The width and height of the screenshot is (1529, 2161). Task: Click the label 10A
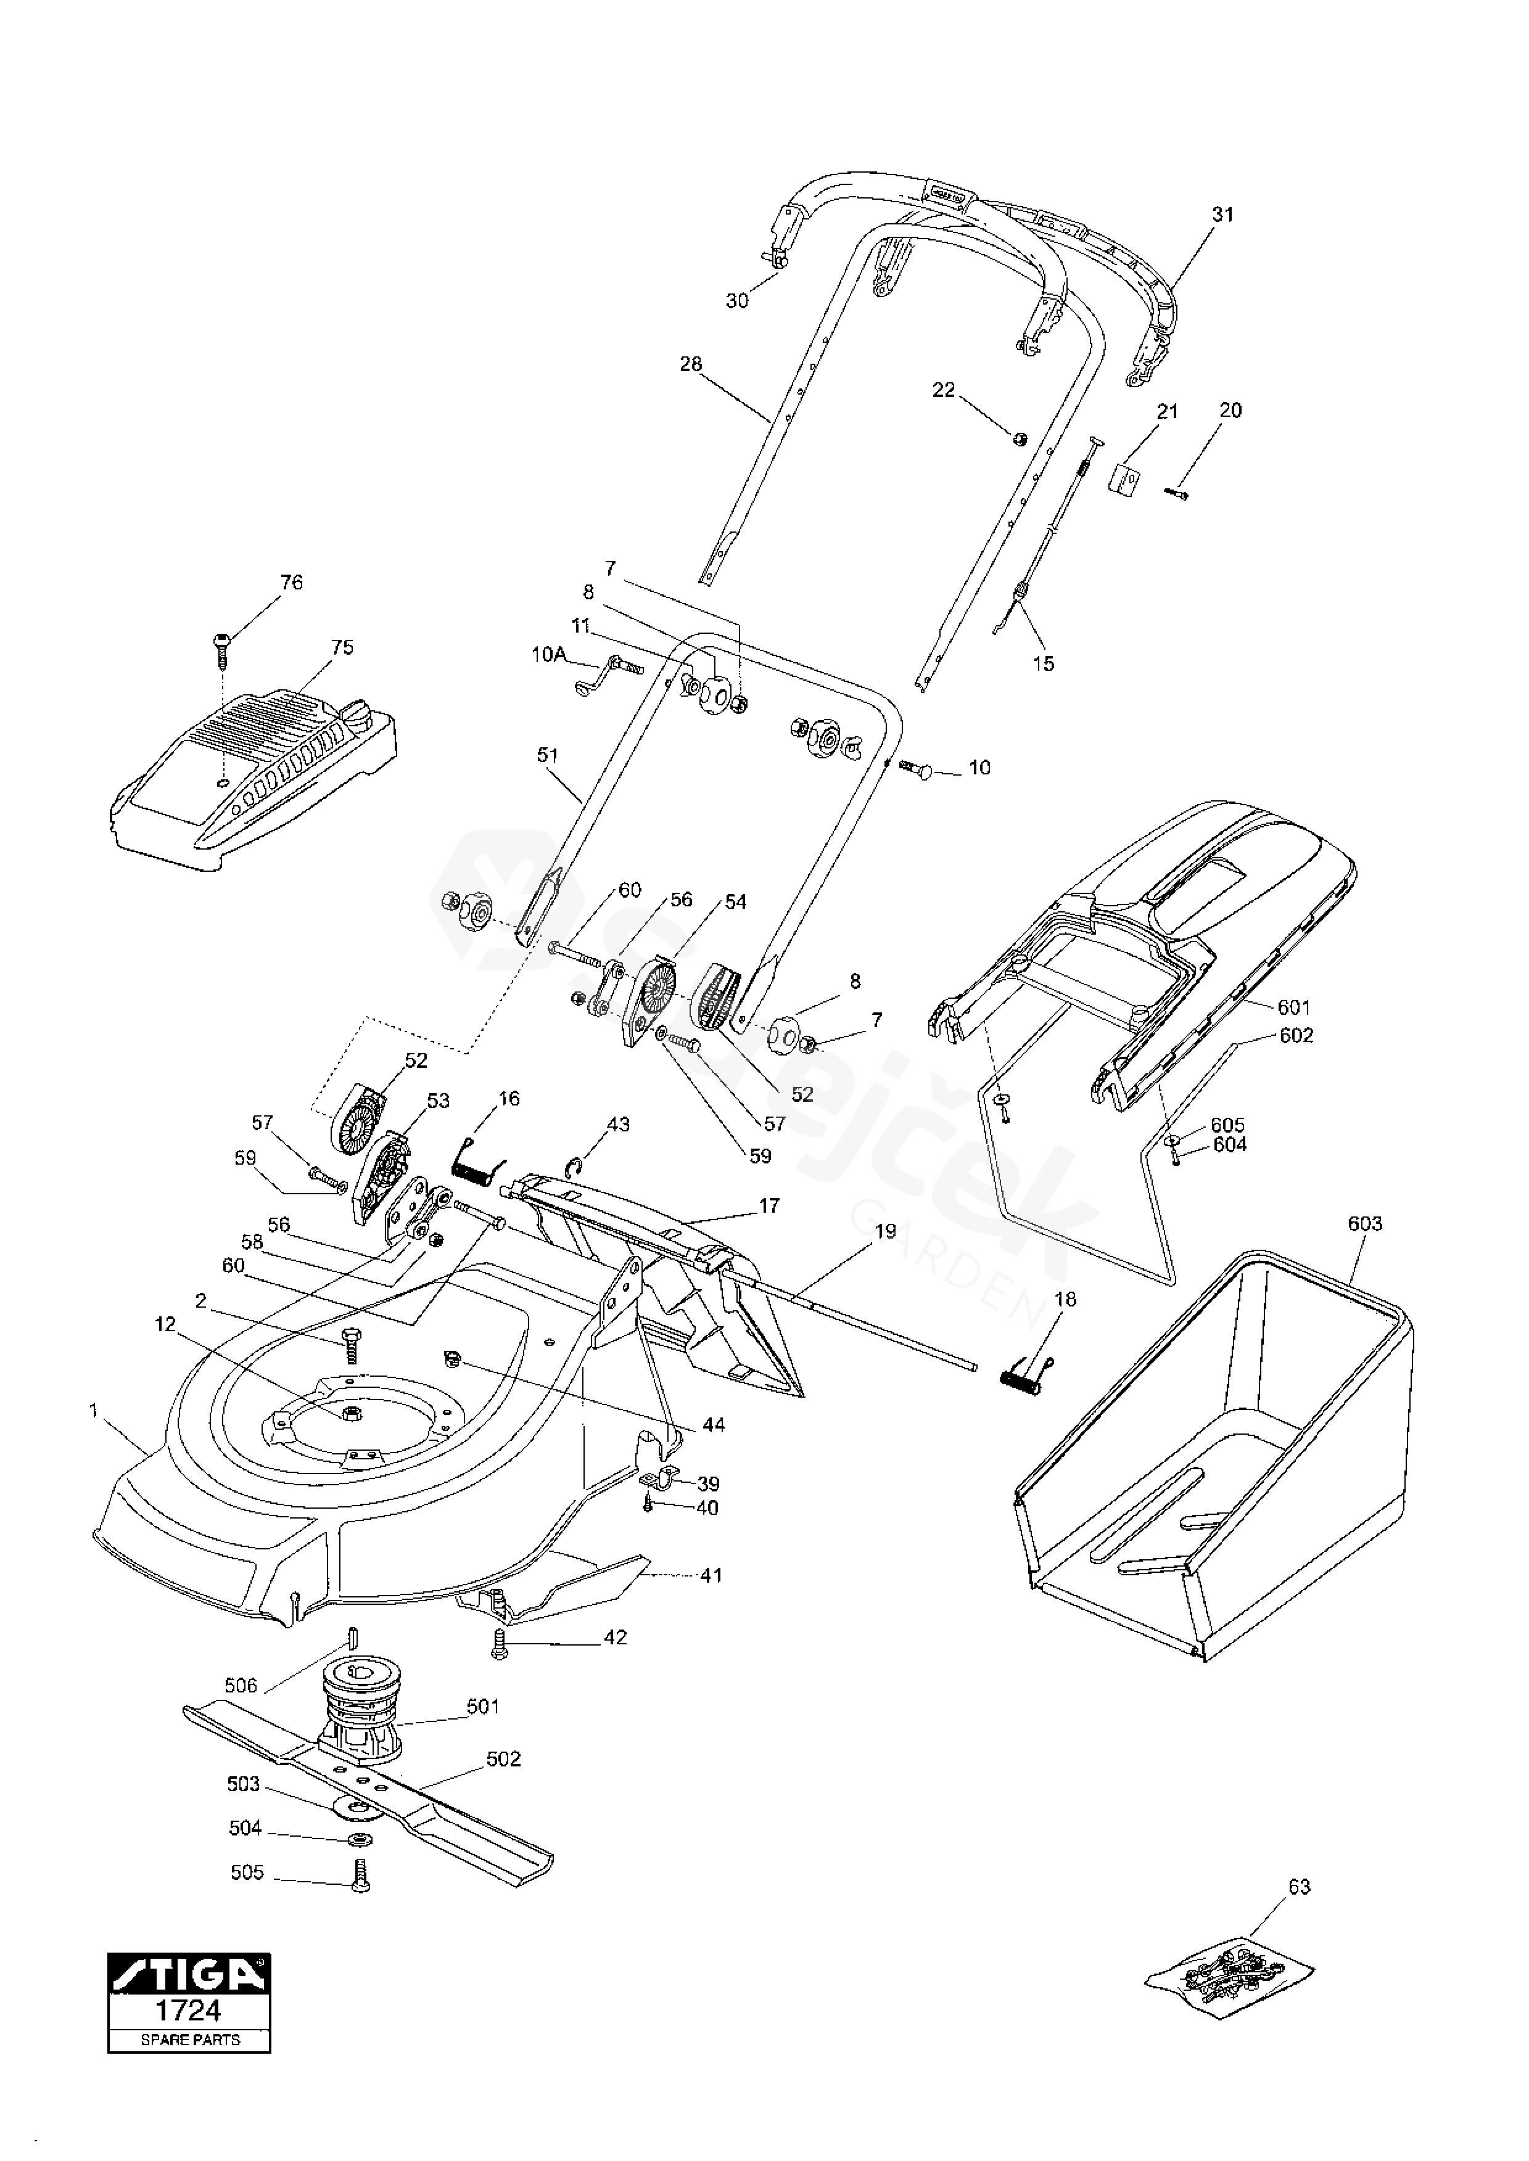[x=548, y=655]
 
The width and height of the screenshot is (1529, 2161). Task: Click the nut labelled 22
[x=1019, y=437]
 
